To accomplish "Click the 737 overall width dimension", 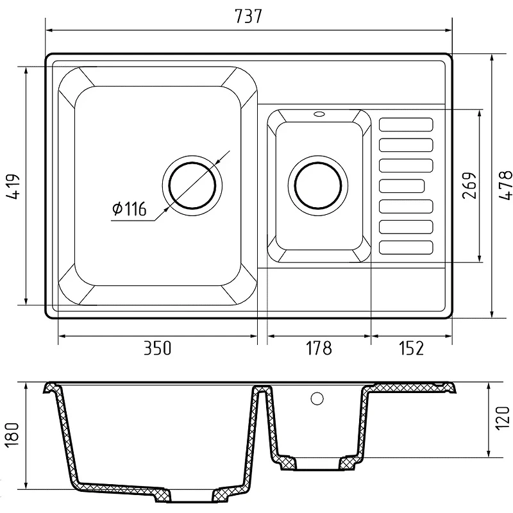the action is point(249,17).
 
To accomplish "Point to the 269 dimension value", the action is point(469,185).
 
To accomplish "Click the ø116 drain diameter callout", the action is point(130,209).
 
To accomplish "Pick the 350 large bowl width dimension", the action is point(157,348).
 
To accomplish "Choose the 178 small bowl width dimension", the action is point(319,348).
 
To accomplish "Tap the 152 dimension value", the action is point(411,348).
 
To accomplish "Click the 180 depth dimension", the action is point(12,434).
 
